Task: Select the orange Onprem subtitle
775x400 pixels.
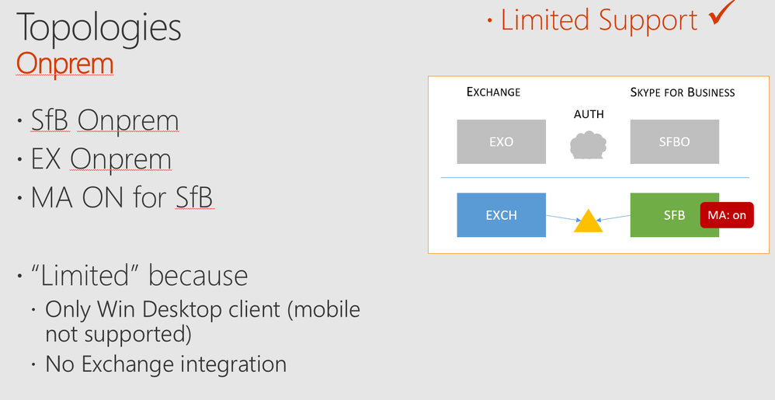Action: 64,63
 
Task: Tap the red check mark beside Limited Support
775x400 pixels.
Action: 722,12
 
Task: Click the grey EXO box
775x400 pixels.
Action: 501,141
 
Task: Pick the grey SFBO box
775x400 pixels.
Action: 674,141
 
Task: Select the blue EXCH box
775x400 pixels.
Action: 501,215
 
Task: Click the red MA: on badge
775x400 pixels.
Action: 727,215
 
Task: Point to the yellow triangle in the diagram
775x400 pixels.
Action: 588,221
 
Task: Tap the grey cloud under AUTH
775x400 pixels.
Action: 588,145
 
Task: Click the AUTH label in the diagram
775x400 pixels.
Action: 589,114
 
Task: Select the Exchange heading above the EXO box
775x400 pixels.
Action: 493,92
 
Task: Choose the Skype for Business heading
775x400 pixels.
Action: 683,92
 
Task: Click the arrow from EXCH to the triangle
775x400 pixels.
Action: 564,217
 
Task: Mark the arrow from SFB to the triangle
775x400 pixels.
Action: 613,217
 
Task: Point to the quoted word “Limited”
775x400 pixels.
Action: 86,276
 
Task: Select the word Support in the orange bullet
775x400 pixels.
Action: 648,19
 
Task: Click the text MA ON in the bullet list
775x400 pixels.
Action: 78,197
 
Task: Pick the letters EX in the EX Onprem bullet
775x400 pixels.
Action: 46,159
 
